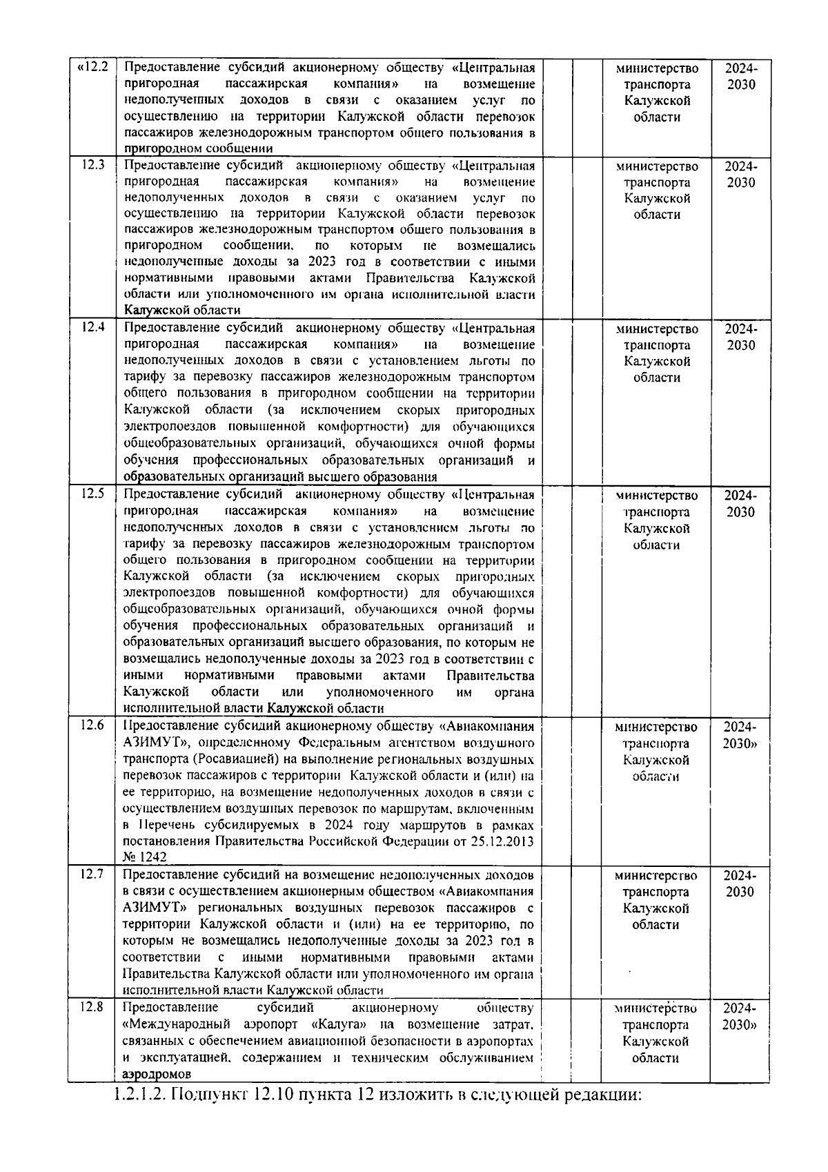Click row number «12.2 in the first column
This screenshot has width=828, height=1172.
pyautogui.click(x=93, y=68)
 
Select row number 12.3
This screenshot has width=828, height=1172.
pyautogui.click(x=93, y=165)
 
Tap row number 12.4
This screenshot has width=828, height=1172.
pyautogui.click(x=93, y=328)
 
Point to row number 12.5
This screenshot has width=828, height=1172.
pyautogui.click(x=93, y=494)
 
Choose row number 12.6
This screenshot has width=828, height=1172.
pyautogui.click(x=92, y=725)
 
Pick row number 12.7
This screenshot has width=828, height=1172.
pyautogui.click(x=92, y=875)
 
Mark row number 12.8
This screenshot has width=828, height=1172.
pyautogui.click(x=92, y=1007)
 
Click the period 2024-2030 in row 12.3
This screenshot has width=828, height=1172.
pyautogui.click(x=740, y=175)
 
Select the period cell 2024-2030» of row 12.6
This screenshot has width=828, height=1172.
pyautogui.click(x=740, y=735)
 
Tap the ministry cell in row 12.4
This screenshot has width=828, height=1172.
pyautogui.click(x=657, y=353)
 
